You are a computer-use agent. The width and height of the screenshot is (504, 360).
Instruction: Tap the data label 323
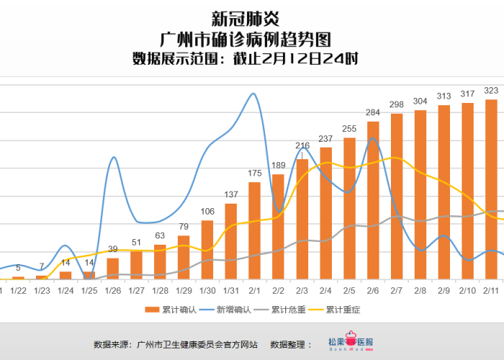pos(491,91)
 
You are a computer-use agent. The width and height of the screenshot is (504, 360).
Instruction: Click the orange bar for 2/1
pos(254,230)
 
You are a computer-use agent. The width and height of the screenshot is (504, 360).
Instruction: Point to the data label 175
pos(254,174)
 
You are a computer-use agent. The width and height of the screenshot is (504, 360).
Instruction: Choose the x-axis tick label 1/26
pos(112,290)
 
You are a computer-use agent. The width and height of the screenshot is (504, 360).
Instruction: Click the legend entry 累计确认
pos(171,310)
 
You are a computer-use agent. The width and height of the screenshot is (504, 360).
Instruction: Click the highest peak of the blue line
pos(253,94)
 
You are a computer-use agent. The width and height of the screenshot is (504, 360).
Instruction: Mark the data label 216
pos(302,146)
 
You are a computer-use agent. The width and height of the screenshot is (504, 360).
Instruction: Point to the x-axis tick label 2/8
pos(420,290)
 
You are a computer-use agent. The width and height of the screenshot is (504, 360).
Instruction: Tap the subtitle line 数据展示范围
pos(245,58)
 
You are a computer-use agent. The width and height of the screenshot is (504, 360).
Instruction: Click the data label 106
pos(207,212)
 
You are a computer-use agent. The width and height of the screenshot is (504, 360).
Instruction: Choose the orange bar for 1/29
pos(184,257)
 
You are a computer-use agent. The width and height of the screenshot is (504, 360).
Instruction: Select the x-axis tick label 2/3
pos(302,290)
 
